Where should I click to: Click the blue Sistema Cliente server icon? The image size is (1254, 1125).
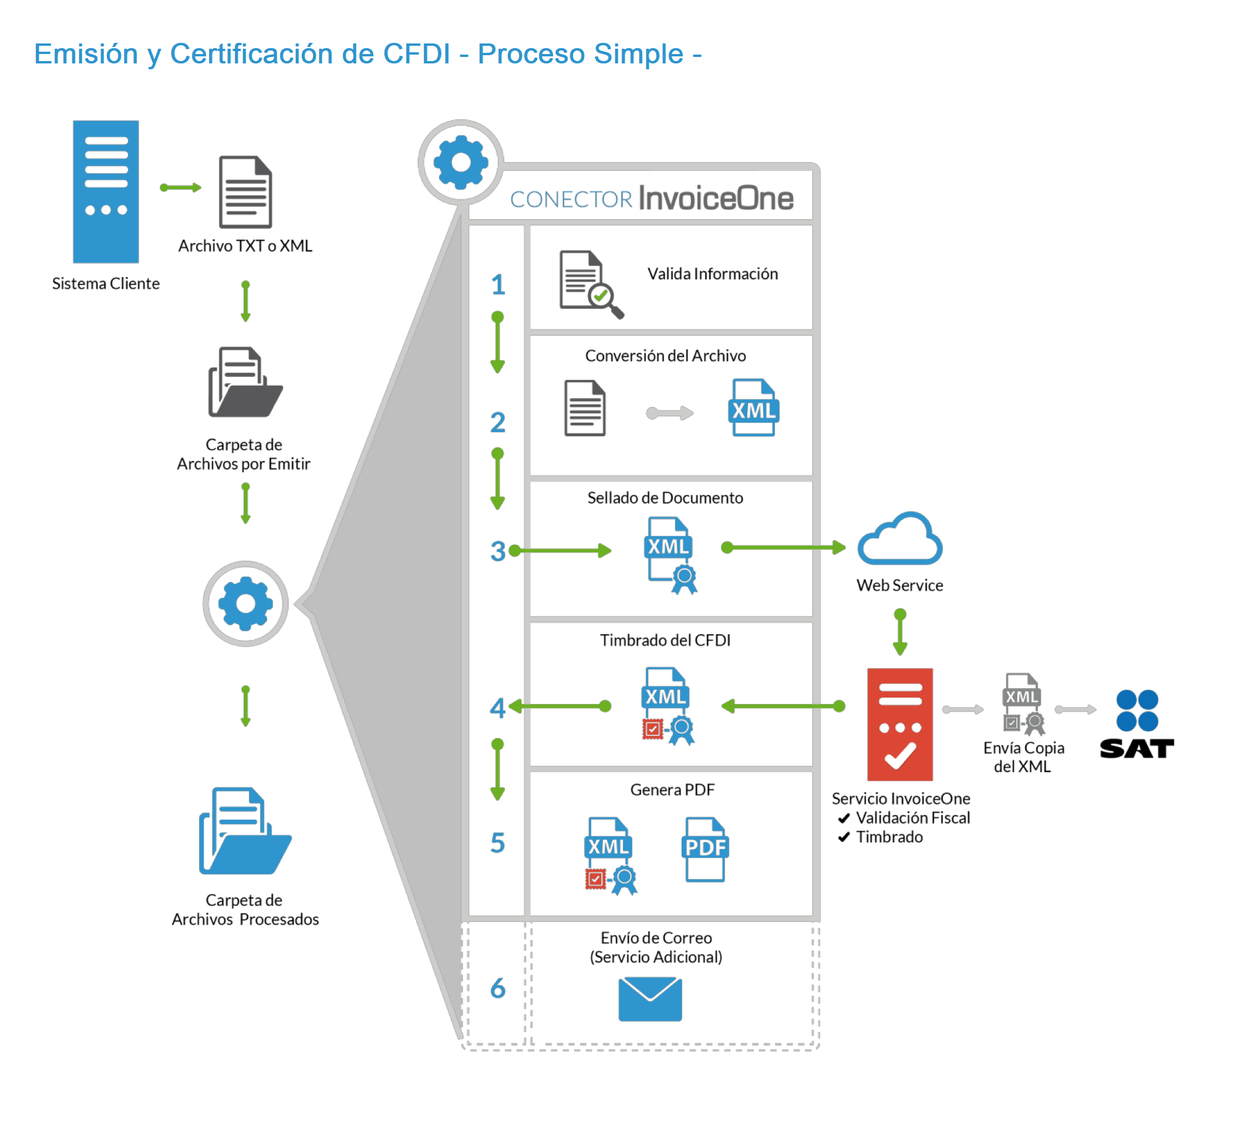(106, 191)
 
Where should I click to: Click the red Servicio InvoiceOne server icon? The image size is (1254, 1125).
(899, 724)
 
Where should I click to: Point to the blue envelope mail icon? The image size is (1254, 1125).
(649, 998)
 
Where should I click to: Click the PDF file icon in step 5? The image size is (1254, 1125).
(704, 848)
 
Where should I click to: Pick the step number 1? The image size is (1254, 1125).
(497, 285)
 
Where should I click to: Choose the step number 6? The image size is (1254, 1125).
(497, 988)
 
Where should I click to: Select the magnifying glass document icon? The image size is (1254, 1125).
(590, 284)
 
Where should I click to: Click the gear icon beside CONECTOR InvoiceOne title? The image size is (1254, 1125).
(460, 162)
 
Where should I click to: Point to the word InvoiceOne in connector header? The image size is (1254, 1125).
(716, 198)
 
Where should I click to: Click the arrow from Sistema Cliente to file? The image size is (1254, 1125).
(180, 187)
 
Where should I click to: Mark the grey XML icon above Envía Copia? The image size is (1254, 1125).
(1022, 704)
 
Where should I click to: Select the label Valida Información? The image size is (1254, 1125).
(712, 274)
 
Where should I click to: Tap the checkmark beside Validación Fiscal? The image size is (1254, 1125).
(844, 818)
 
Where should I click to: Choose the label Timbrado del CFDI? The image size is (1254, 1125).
(665, 640)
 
